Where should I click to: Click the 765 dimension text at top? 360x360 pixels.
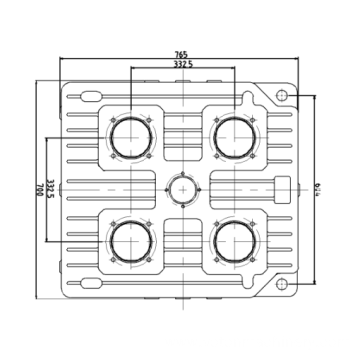tap(181, 55)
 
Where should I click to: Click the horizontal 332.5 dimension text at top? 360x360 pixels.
tap(182, 64)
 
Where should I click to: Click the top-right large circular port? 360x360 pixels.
tap(235, 136)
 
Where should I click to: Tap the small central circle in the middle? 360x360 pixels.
tap(181, 187)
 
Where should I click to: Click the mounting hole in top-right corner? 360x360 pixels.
tap(282, 95)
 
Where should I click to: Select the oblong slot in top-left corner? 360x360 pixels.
tap(88, 97)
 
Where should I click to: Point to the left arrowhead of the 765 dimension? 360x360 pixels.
tap(62, 60)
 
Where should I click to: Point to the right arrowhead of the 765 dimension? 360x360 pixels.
tap(299, 60)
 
